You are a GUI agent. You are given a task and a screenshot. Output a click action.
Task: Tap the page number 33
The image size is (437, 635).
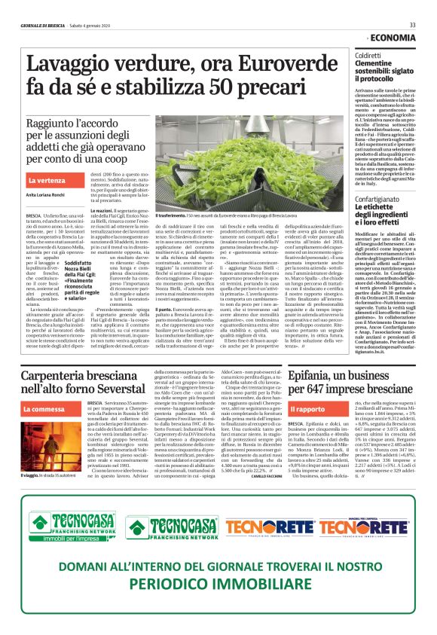tap(412, 25)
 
